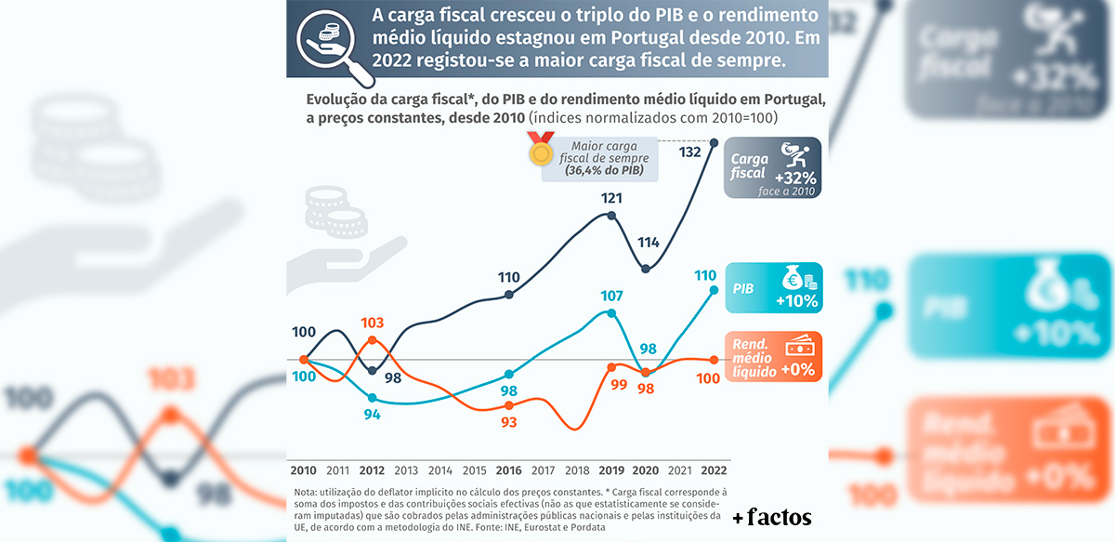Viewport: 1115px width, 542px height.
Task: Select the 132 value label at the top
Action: click(689, 152)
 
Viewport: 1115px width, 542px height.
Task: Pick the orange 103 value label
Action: click(372, 323)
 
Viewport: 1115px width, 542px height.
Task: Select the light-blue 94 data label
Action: click(372, 415)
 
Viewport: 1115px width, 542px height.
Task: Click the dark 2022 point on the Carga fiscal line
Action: click(715, 142)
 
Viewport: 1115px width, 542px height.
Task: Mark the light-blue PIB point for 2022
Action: click(715, 290)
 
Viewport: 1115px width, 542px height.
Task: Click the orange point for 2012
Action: click(373, 340)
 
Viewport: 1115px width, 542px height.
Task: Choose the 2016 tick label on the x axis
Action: click(508, 470)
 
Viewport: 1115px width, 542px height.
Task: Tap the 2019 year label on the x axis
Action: click(610, 470)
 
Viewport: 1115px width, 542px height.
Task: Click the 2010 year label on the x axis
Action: click(304, 470)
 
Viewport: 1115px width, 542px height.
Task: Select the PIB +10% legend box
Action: click(775, 287)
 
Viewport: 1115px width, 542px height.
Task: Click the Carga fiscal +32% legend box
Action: click(773, 166)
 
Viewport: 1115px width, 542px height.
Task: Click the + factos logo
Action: click(771, 517)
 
